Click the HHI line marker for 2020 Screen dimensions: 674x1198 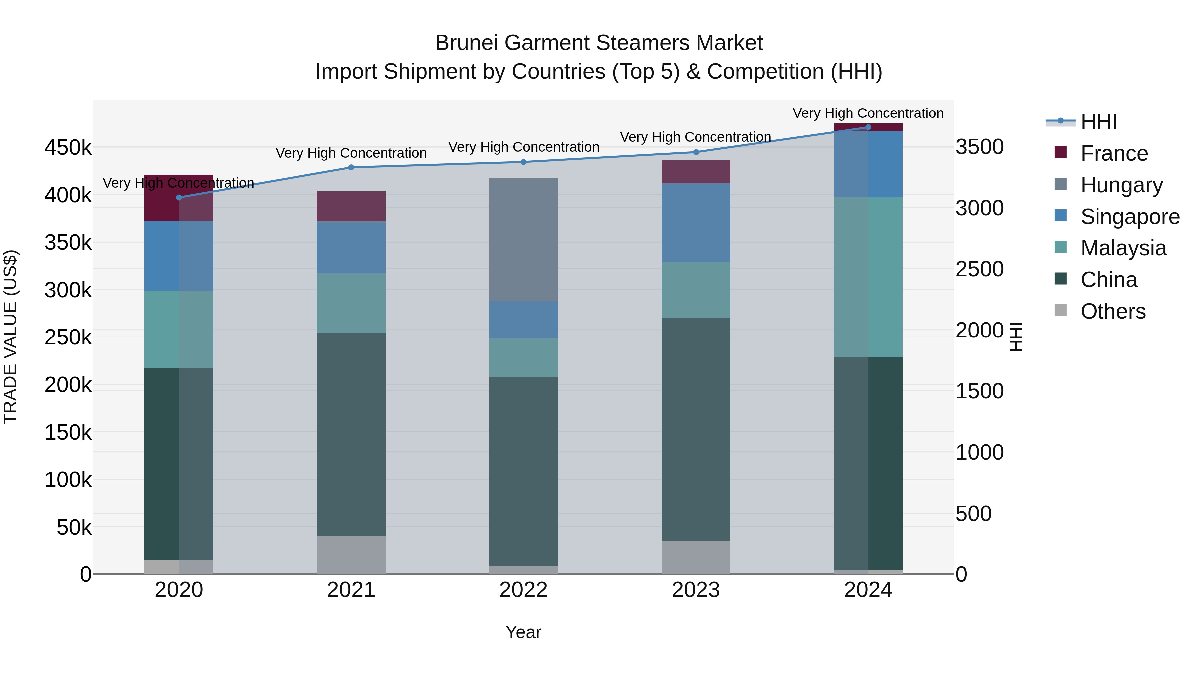[179, 198]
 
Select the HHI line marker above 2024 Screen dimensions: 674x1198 [868, 127]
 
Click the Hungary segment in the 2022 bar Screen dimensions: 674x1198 [524, 240]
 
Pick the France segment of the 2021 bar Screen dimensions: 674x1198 [351, 206]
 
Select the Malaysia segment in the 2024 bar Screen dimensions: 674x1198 [868, 277]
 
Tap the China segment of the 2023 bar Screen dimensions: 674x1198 [696, 429]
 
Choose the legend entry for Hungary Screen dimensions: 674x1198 [1121, 185]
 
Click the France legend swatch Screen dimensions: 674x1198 [1060, 152]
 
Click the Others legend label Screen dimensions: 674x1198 [1112, 311]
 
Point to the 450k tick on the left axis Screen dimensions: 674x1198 [68, 148]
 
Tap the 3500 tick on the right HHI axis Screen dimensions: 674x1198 [979, 147]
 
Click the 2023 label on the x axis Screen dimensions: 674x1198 [696, 590]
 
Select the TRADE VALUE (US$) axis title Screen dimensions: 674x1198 [10, 337]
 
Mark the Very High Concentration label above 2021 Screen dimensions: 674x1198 [351, 153]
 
